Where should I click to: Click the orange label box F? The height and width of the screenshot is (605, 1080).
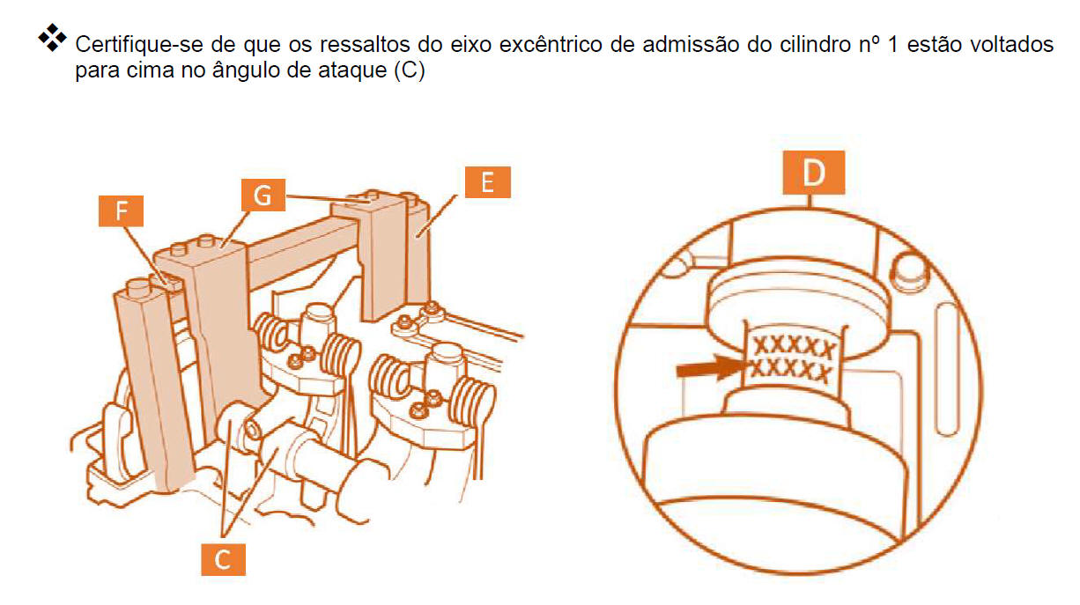pos(121,210)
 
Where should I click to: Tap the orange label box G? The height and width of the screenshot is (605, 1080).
pos(263,195)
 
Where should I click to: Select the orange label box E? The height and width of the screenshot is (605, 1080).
pos(487,181)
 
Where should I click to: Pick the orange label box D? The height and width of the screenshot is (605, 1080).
pos(813,172)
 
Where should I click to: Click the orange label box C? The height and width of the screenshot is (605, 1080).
pos(223,559)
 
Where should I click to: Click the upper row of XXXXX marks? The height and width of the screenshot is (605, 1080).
pos(794,346)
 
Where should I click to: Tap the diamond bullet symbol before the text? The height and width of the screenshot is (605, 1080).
pos(52,37)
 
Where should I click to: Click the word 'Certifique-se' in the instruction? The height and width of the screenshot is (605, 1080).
pos(139,45)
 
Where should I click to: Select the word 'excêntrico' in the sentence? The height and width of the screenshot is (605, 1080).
pos(551,45)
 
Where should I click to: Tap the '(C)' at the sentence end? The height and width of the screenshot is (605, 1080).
pos(410,70)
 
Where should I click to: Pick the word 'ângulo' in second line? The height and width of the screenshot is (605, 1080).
pos(246,71)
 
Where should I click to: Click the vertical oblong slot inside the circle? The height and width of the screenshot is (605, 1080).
pos(945,369)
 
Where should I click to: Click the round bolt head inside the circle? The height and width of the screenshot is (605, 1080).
pos(909,273)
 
